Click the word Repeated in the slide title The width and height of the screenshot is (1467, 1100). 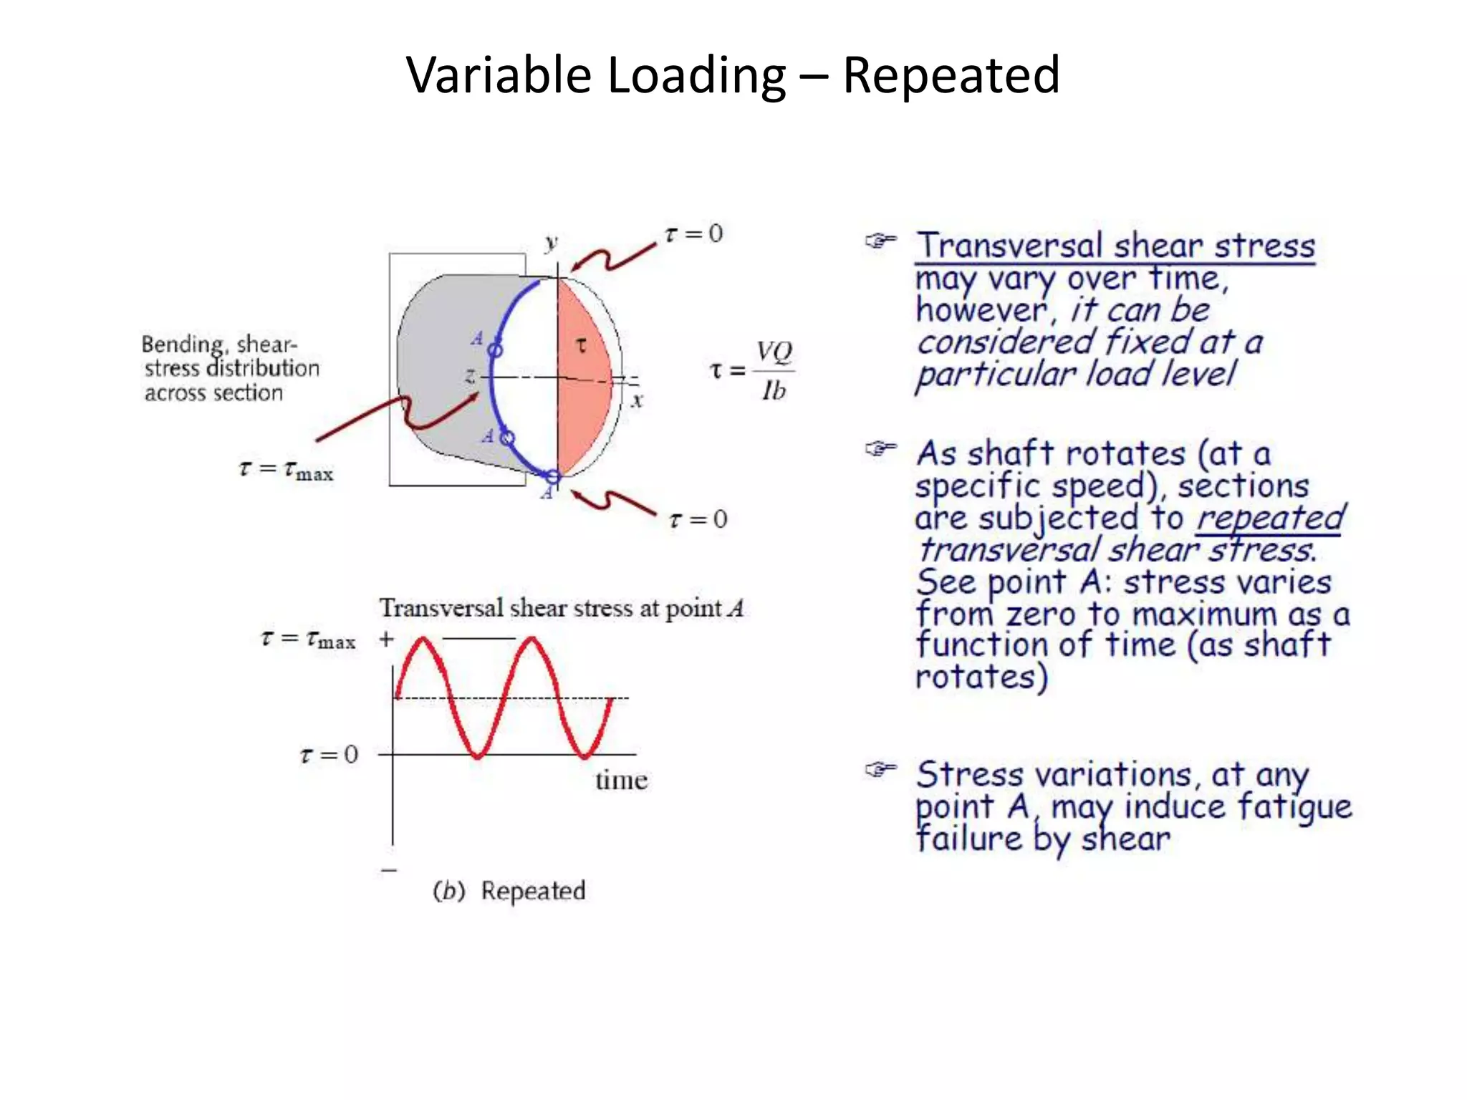(951, 75)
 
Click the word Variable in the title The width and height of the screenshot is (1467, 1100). (499, 75)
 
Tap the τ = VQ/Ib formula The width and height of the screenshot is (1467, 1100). (752, 371)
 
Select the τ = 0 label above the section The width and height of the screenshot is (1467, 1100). (694, 234)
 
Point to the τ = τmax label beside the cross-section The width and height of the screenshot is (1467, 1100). (287, 470)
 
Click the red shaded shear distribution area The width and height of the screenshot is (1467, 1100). (584, 387)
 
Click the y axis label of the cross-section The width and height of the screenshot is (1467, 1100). (550, 243)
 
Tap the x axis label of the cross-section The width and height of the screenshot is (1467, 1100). (637, 400)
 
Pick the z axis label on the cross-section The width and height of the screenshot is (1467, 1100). (471, 375)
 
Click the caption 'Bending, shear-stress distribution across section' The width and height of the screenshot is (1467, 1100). (230, 368)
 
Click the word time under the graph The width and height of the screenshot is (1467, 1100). (621, 780)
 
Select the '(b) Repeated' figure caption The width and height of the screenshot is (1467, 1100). (509, 891)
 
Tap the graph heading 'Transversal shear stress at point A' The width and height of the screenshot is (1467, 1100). (562, 609)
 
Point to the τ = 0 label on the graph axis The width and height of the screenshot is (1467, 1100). (329, 755)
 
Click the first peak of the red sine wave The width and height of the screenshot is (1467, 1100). (423, 640)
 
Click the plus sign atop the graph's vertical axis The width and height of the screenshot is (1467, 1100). (387, 639)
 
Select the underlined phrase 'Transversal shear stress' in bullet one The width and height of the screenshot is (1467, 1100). (1115, 246)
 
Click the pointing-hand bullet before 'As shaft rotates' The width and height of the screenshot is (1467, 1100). (880, 450)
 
